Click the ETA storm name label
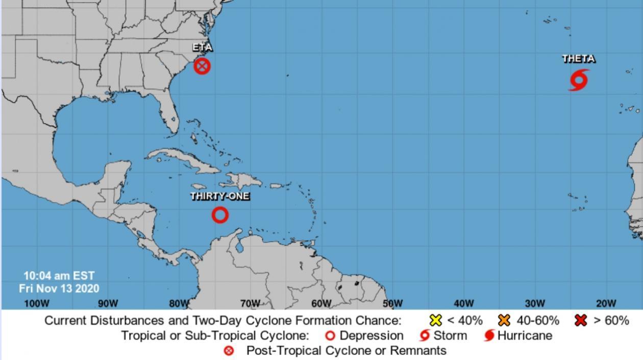(x=202, y=47)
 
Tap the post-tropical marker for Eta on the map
(x=202, y=66)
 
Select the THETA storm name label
(x=578, y=59)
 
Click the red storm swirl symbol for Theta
(x=578, y=81)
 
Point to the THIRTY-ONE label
(x=220, y=196)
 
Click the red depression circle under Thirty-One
(x=220, y=215)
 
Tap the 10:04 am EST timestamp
(x=59, y=276)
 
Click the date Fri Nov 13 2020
(x=59, y=289)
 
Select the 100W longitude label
(x=36, y=303)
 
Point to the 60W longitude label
(x=321, y=303)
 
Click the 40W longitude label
(x=463, y=303)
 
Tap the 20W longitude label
(x=606, y=303)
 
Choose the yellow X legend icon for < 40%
(x=435, y=321)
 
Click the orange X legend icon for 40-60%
(x=504, y=321)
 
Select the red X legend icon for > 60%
(x=580, y=321)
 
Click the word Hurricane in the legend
(x=524, y=335)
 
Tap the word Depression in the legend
(x=371, y=335)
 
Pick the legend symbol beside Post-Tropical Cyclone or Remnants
(x=229, y=351)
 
